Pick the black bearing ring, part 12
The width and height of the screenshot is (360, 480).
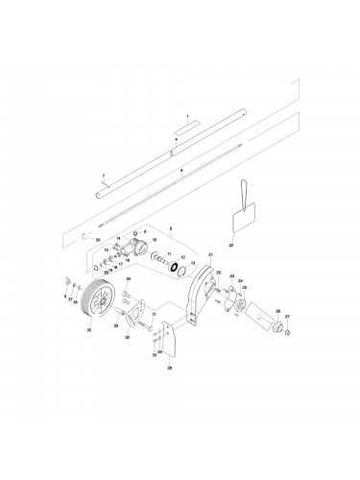pyautogui.click(x=176, y=266)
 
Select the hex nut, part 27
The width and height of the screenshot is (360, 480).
pyautogui.click(x=288, y=335)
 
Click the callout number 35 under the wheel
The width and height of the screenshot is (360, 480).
pyautogui.click(x=90, y=329)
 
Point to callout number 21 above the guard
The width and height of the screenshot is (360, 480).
pyautogui.click(x=210, y=254)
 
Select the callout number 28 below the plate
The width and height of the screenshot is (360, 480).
pyautogui.click(x=170, y=367)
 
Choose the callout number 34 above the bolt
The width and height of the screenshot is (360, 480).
pyautogui.click(x=128, y=278)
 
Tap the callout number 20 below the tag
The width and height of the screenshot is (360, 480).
pyautogui.click(x=231, y=245)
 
